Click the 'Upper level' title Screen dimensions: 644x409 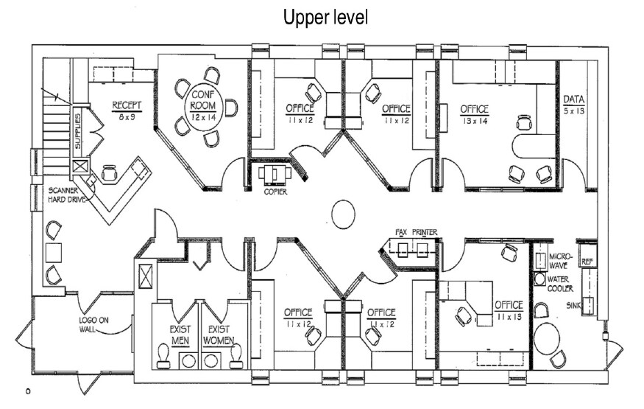point(326,17)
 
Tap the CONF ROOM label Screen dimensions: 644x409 point(203,100)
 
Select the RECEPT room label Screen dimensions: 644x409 point(127,105)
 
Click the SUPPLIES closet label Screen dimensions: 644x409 point(78,130)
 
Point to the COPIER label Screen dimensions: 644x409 point(275,192)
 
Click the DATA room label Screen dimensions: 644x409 point(574,99)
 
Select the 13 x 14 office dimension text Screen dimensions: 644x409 point(474,121)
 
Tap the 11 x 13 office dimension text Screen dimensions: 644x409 point(509,317)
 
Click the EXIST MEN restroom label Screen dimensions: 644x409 point(180,335)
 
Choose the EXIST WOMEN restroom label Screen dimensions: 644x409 point(219,335)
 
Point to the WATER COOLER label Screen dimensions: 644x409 point(560,284)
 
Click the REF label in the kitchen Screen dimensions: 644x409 point(587,262)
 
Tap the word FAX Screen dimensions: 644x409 point(401,232)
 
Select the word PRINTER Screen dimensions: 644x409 point(425,232)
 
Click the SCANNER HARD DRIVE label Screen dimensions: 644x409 point(67,195)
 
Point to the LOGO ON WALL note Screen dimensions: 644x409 point(94,325)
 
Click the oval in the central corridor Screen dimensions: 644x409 point(344,214)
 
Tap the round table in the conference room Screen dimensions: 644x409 point(203,106)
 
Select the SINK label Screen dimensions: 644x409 point(573,306)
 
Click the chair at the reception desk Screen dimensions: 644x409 point(109,173)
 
